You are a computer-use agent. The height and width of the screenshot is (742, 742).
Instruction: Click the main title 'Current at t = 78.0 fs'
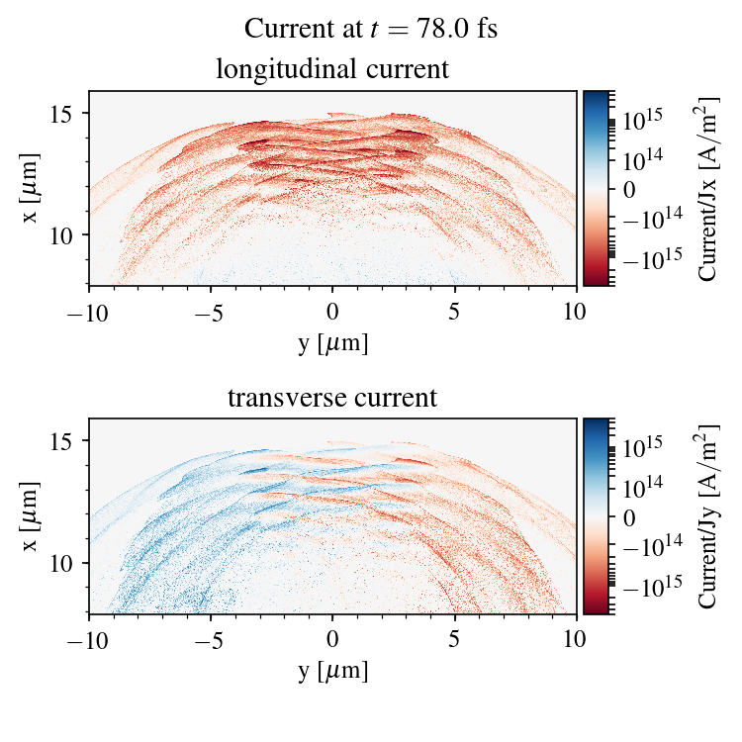[x=371, y=29]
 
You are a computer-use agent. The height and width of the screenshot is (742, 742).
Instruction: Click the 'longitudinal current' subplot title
[x=332, y=70]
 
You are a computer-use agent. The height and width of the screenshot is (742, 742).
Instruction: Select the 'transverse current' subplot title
[x=332, y=399]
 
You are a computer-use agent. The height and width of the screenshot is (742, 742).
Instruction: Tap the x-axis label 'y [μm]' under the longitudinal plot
[x=332, y=343]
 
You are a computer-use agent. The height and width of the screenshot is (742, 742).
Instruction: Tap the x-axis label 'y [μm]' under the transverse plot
[x=332, y=672]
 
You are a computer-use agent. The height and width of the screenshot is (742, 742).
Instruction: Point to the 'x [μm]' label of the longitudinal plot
[x=32, y=188]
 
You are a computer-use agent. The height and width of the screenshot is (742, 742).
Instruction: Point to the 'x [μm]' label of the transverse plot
[x=32, y=516]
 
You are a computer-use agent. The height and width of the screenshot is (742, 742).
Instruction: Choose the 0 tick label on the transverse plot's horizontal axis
[x=332, y=639]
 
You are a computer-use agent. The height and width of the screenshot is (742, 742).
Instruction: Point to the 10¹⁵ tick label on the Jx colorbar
[x=642, y=119]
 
